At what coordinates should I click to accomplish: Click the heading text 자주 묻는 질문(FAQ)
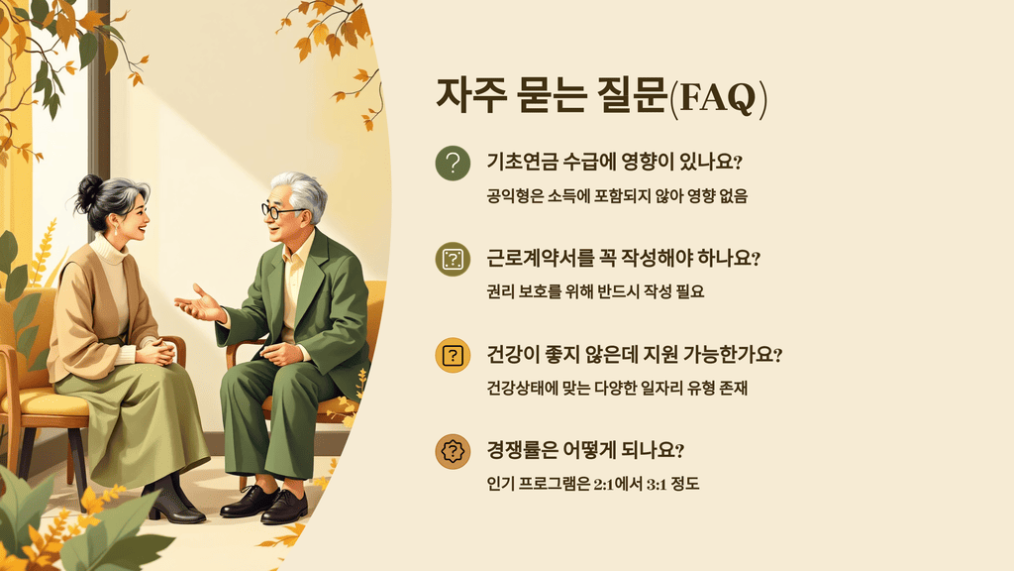click(601, 98)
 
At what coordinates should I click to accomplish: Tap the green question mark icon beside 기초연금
click(453, 165)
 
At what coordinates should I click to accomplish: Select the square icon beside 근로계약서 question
click(453, 260)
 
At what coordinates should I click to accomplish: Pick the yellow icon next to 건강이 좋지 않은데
click(453, 355)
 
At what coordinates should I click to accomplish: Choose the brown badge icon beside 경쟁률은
click(453, 451)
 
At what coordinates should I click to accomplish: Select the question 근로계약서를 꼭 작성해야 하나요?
click(623, 259)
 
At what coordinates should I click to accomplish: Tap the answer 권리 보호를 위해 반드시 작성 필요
click(595, 291)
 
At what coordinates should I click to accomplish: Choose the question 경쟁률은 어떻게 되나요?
click(585, 450)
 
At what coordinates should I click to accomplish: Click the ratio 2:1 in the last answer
click(606, 483)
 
